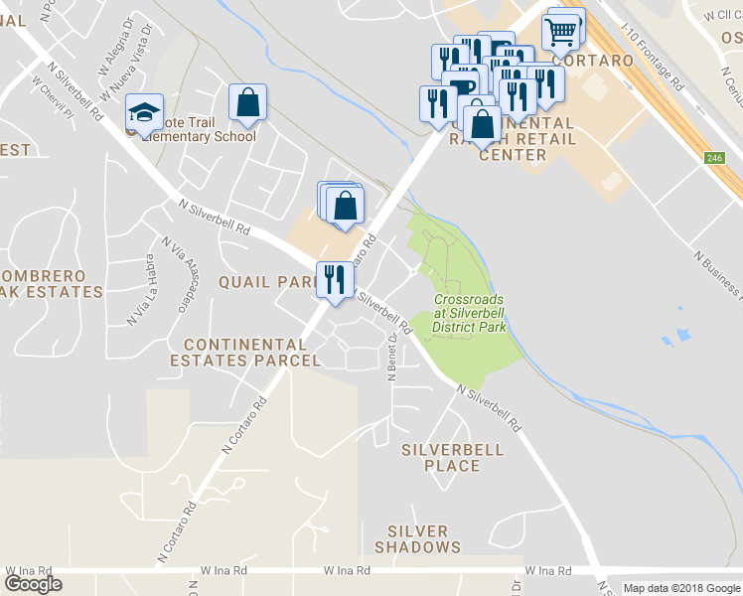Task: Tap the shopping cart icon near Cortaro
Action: point(561,33)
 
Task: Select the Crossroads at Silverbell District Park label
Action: point(470,312)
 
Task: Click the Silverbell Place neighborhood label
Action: point(452,457)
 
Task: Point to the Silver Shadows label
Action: point(417,539)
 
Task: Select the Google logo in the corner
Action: point(33,584)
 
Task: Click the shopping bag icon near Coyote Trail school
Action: point(247,102)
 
